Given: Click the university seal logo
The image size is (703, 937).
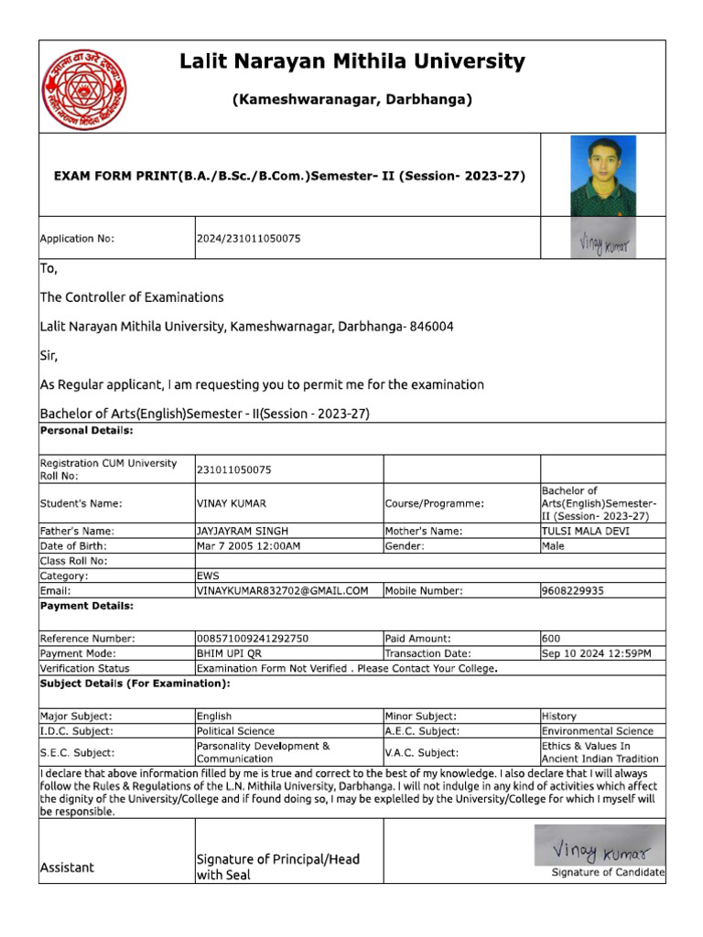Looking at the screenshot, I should point(85,89).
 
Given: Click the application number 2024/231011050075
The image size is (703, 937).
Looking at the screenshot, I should point(248,239).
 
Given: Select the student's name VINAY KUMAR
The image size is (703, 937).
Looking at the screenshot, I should point(231,503).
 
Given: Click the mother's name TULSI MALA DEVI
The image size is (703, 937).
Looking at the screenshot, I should point(585,531).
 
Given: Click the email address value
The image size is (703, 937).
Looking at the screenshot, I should point(282,591).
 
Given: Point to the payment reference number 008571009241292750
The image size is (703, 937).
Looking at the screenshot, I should point(253,638).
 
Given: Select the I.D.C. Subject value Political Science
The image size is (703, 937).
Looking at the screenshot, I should point(235,731).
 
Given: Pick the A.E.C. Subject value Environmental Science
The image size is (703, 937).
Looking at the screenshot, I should point(597,731).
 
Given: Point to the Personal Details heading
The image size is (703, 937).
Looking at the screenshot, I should point(86,429).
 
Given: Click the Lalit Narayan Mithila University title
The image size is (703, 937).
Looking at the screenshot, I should point(352,62).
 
